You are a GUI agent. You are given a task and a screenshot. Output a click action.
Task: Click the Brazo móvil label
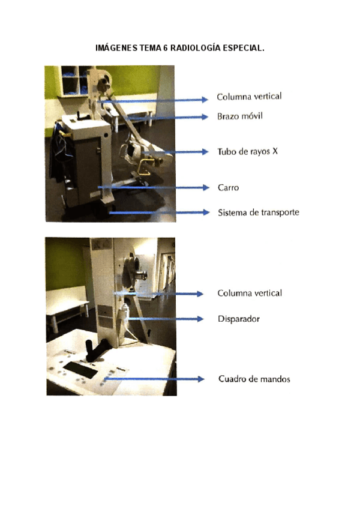240,116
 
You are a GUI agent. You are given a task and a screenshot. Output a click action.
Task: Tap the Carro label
229,187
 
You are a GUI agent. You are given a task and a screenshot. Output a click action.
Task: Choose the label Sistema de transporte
258,212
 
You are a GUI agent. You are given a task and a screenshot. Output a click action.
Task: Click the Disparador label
239,319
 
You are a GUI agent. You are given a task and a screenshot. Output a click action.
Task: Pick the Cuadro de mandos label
254,379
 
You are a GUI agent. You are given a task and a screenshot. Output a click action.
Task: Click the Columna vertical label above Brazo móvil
249,96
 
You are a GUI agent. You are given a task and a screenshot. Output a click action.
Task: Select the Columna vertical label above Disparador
250,293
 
